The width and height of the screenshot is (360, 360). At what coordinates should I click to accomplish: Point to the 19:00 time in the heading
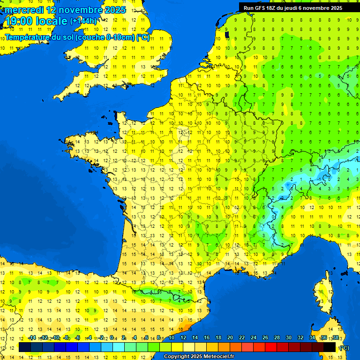pyautogui.click(x=20, y=21)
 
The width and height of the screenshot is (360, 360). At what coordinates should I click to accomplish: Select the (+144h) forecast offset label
pyautogui.click(x=83, y=21)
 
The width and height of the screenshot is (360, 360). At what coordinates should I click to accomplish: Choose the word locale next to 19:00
pyautogui.click(x=52, y=21)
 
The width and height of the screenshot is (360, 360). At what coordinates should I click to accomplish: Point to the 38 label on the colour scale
pyautogui.click(x=335, y=337)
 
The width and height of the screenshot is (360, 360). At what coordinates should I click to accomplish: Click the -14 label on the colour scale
pyautogui.click(x=32, y=337)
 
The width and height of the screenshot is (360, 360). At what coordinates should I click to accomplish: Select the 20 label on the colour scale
pyautogui.click(x=230, y=337)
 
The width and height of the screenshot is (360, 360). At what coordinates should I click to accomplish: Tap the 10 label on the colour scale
pyautogui.click(x=172, y=337)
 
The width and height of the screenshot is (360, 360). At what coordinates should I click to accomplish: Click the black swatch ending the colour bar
pyautogui.click(x=330, y=347)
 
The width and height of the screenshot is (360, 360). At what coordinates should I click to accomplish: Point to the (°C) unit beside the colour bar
pyautogui.click(x=344, y=347)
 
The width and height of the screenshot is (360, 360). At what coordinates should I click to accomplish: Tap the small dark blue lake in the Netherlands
pyautogui.click(x=227, y=34)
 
